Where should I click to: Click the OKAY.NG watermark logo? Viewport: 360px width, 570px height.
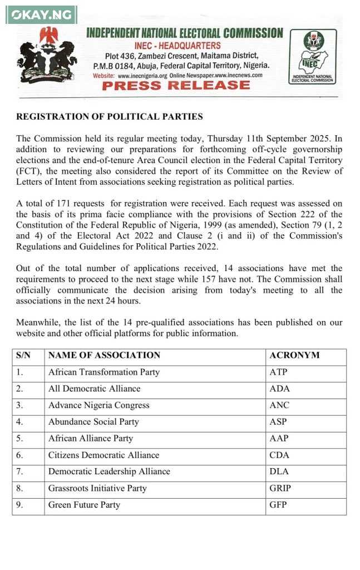41,14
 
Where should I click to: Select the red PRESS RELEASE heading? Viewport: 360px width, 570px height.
176,86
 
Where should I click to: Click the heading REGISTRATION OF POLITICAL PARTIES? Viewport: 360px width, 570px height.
110,117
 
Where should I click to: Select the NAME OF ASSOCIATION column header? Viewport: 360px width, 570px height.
104,355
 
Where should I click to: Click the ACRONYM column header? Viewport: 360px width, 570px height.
294,355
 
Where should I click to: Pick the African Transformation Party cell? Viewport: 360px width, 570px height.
104,372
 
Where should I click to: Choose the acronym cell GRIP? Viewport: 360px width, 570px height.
280,488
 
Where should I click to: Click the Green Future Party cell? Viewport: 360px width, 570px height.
84,505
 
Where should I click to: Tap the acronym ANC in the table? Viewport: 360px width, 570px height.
279,405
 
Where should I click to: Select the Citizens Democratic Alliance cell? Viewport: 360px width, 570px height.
103,455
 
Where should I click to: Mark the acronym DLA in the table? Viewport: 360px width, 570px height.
279,471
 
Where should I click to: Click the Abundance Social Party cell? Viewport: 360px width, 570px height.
93,422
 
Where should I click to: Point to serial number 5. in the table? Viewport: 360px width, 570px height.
19,438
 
